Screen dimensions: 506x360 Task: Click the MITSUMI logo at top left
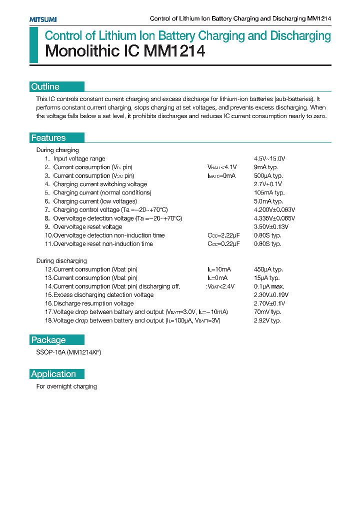[42, 19]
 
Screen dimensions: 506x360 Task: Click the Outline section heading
[45, 86]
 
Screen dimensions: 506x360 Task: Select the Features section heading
[48, 138]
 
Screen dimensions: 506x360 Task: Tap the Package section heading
[48, 340]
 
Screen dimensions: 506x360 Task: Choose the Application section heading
[53, 374]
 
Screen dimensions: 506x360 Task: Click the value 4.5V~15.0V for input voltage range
[269, 158]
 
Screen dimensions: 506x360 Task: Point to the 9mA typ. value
[265, 167]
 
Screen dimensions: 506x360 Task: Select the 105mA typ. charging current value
[269, 192]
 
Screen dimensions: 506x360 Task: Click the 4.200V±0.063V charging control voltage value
[274, 209]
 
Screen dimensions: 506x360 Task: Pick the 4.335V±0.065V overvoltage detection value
[274, 218]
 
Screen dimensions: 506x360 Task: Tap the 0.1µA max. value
[269, 286]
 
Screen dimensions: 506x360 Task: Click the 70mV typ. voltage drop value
[267, 311]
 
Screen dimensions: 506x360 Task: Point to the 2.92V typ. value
[267, 320]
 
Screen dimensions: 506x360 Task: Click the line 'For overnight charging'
[66, 386]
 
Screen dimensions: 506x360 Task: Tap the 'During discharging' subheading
[61, 260]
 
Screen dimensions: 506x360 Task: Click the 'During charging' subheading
[57, 150]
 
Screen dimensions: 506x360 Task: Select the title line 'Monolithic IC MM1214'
[125, 51]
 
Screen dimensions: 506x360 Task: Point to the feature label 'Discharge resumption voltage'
[93, 303]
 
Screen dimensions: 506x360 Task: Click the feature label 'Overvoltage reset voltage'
[87, 226]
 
